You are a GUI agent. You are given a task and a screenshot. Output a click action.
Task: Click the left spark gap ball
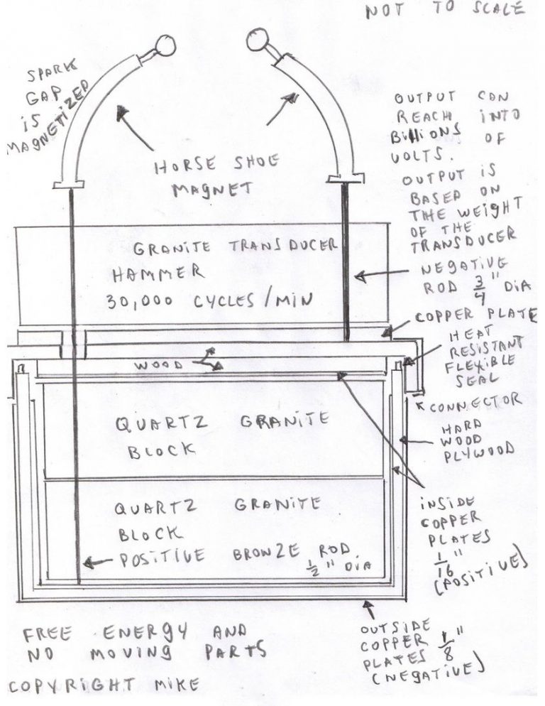coord(165,46)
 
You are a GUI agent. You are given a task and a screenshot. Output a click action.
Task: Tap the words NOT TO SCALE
coord(445,10)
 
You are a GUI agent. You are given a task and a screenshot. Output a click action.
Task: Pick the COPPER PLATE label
coord(475,315)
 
